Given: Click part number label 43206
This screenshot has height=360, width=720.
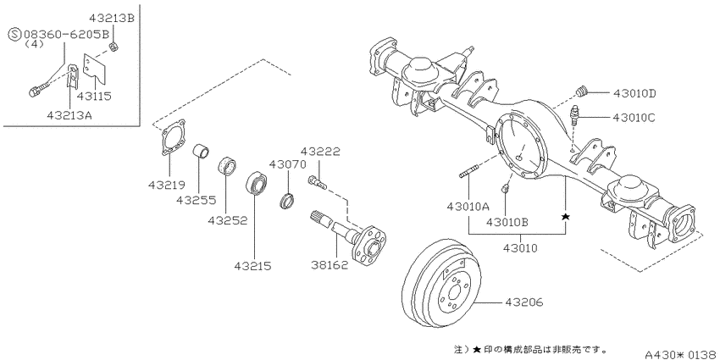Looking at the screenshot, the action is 524,302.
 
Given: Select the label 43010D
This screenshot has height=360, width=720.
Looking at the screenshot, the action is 634,94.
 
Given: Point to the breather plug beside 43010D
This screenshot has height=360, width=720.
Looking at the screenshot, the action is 582,91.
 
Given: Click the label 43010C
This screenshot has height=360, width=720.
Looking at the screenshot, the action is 634,118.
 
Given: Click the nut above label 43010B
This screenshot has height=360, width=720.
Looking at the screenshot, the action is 505,188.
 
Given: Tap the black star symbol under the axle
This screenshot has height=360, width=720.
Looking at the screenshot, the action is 565,216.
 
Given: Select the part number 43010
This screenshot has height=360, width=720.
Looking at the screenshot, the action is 520,248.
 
